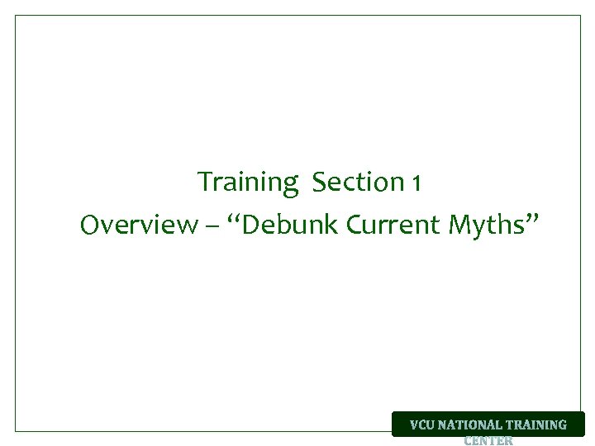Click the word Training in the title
pyautogui.click(x=247, y=182)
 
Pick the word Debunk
pyautogui.click(x=293, y=225)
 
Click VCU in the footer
pyautogui.click(x=423, y=425)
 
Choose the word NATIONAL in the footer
pyautogui.click(x=472, y=425)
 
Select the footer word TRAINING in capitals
pyautogui.click(x=537, y=425)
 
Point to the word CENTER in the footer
pyautogui.click(x=488, y=440)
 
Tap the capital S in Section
pyautogui.click(x=319, y=182)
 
